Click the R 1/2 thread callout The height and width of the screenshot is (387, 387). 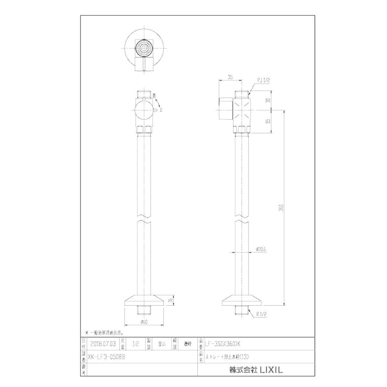pyautogui.click(x=261, y=315)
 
